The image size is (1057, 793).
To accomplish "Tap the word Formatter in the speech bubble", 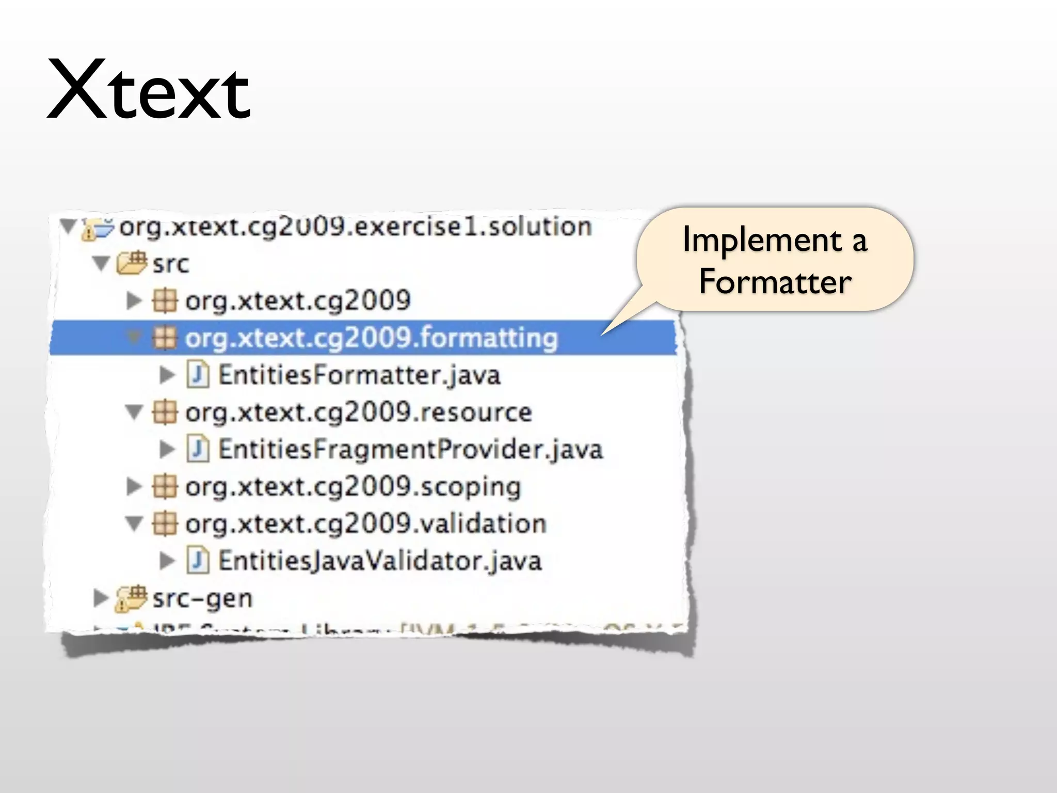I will (775, 282).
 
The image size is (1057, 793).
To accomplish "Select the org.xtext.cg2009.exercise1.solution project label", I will (355, 227).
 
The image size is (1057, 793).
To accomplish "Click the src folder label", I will (171, 264).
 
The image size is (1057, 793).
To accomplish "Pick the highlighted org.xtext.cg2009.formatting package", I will (371, 338).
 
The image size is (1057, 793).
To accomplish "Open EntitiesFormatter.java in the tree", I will (359, 375).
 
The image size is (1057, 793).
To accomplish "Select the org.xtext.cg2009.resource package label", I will (358, 413).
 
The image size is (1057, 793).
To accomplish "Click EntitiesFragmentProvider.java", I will (410, 450).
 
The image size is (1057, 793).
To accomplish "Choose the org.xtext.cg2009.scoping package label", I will (353, 487).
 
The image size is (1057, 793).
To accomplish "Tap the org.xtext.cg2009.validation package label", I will (365, 524).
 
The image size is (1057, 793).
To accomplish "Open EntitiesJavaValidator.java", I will (380, 561).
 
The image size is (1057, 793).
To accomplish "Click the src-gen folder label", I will (202, 599).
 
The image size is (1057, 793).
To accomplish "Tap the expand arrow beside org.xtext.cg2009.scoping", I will (134, 486).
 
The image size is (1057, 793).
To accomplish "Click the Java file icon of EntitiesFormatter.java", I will (198, 375).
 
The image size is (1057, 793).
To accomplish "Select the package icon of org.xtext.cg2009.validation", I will (165, 524).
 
